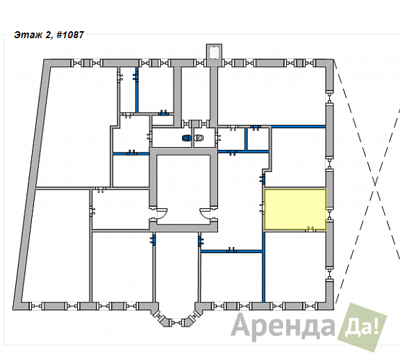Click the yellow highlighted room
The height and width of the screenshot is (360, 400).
pos(295,209)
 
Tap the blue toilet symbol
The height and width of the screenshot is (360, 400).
pos(187,138)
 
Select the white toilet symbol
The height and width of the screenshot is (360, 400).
pos(199,138)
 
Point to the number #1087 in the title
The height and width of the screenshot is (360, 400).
pos(70,35)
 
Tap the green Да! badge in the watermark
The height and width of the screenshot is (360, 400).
pos(362,327)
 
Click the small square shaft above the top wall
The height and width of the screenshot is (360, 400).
pos(214,53)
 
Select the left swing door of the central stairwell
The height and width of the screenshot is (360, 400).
pos(161,212)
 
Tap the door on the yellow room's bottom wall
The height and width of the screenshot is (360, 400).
pos(310,230)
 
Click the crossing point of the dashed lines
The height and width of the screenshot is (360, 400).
pos(375,184)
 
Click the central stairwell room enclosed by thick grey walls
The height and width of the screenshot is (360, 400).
pos(183,189)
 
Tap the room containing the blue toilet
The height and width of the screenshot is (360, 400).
pos(172,137)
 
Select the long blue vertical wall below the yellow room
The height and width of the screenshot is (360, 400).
pos(263,266)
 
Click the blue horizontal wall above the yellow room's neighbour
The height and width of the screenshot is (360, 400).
pos(299,126)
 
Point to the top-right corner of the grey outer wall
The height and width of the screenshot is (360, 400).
pos(333,60)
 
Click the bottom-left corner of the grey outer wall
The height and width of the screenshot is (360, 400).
pos(13,310)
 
